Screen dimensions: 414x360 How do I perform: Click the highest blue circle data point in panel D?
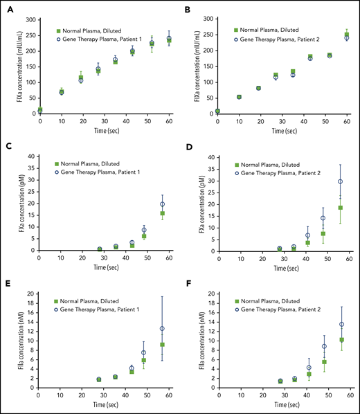coord(340,181)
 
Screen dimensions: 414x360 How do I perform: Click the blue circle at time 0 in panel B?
coord(217,111)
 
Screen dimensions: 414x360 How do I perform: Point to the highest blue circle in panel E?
coord(163,328)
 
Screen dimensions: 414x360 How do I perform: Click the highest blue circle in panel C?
coord(163,204)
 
